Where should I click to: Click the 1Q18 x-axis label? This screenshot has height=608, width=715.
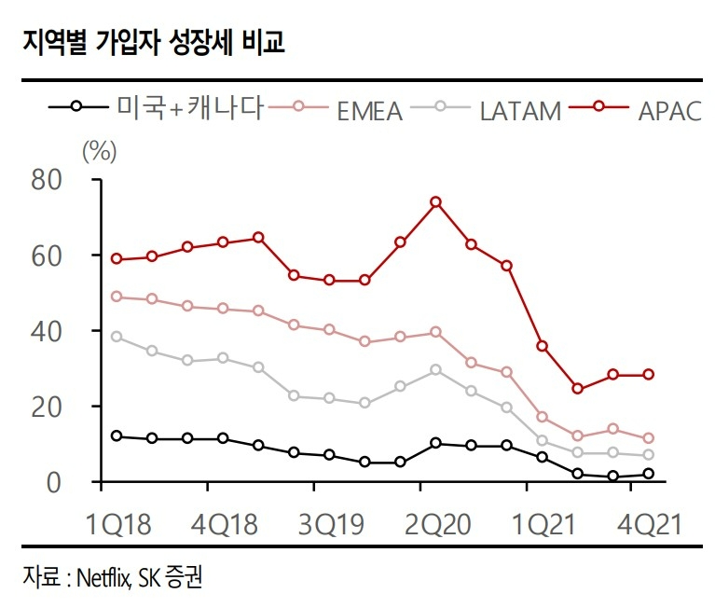point(118,522)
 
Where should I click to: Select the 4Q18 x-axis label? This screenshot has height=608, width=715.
point(224,522)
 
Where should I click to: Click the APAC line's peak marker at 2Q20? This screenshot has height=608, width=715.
point(435,201)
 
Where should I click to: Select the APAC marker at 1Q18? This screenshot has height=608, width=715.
point(117,258)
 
